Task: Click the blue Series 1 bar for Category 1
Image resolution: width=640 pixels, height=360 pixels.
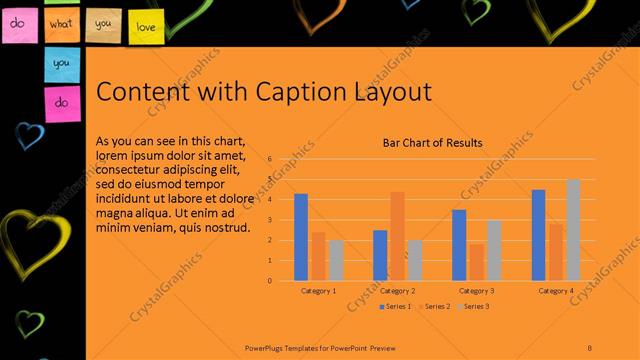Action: tap(301, 237)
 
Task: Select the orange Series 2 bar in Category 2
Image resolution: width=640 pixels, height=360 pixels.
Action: tap(397, 236)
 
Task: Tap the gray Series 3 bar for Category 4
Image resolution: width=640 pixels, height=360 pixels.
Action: tap(573, 230)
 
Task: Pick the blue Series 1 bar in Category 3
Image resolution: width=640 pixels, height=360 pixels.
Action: tap(459, 245)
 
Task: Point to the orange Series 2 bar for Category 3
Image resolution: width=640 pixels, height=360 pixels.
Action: tap(476, 262)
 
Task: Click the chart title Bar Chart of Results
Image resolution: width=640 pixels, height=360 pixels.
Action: tap(433, 143)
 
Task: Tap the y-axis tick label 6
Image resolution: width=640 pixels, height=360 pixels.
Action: tap(269, 159)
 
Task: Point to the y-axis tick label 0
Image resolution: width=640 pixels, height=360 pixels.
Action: tap(269, 280)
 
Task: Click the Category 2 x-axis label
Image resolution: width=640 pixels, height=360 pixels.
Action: tap(398, 291)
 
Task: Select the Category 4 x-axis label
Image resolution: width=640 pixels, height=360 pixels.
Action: tap(556, 291)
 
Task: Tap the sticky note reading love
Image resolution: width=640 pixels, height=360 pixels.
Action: tap(146, 27)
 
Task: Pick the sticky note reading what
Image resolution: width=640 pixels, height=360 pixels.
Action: tap(62, 22)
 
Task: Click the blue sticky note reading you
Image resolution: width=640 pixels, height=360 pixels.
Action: tap(62, 62)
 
